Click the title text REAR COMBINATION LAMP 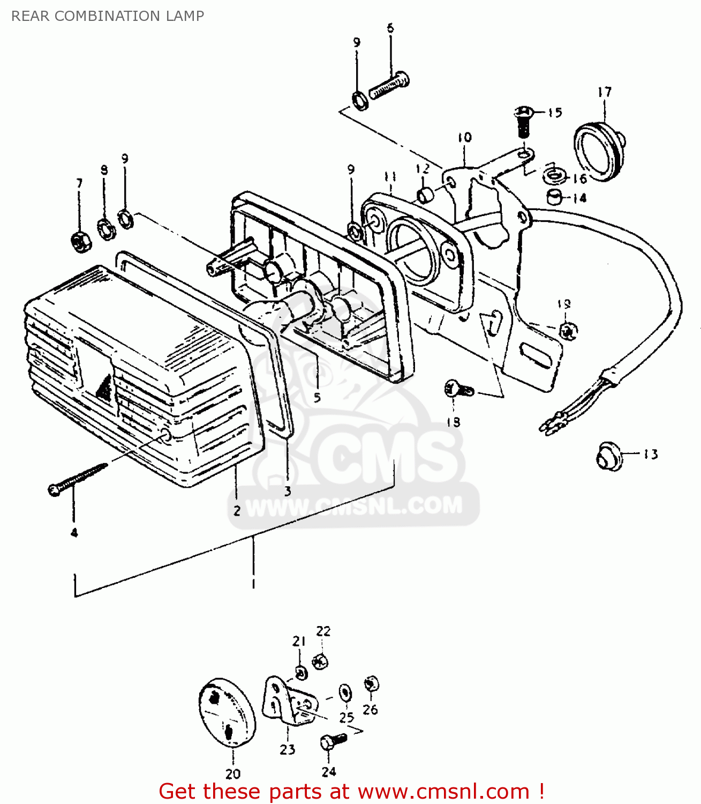tap(107, 16)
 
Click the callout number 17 tap(604, 92)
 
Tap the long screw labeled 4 tap(78, 479)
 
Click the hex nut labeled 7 tap(80, 242)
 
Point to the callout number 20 tap(232, 773)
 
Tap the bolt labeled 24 tap(333, 741)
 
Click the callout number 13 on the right tap(650, 455)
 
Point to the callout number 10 tap(464, 137)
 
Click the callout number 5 tap(317, 397)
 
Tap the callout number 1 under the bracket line tap(253, 584)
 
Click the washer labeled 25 tap(345, 693)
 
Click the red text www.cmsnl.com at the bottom tap(443, 791)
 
